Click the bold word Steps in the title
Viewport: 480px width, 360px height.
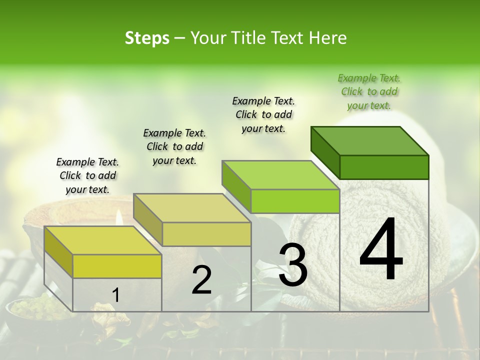(x=147, y=38)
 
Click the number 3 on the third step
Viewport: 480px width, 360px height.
(x=293, y=265)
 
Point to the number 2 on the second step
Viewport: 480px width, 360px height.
(x=201, y=280)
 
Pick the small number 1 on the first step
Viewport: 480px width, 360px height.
(x=115, y=295)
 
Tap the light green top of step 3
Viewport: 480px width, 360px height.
(x=280, y=175)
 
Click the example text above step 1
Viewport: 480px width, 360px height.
(x=87, y=175)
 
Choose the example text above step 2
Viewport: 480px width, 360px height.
(x=174, y=146)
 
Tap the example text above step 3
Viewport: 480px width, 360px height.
(x=263, y=114)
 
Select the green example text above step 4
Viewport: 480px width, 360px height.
(x=369, y=91)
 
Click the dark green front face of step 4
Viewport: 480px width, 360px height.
(x=384, y=167)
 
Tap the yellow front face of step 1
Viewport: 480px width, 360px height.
(x=117, y=266)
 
